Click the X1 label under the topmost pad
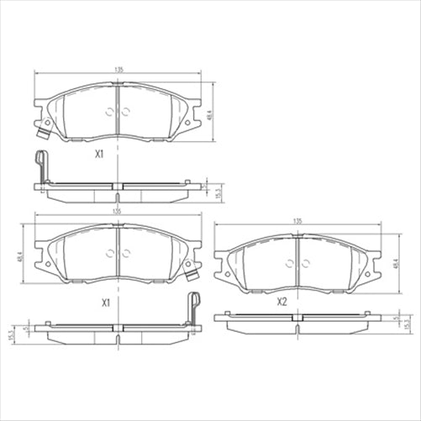click(x=98, y=155)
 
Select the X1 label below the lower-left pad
click(x=106, y=301)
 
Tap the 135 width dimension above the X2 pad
click(x=297, y=220)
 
